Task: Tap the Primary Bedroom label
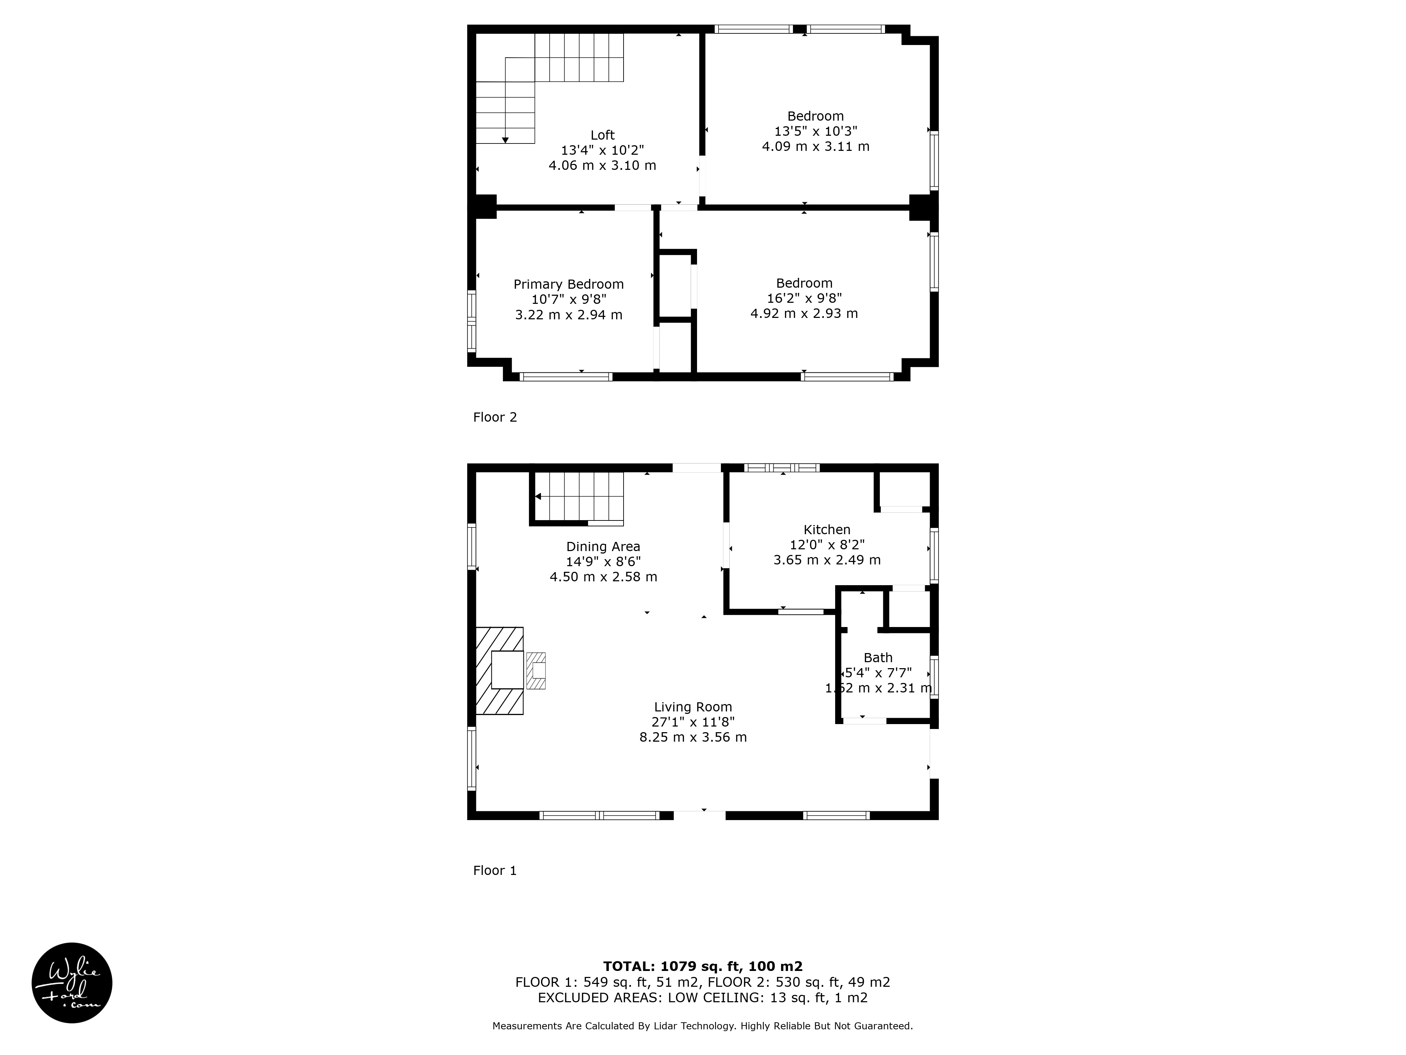coord(568,284)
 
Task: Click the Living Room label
coord(693,706)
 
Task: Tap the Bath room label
coord(878,658)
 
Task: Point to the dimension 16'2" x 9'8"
coord(804,298)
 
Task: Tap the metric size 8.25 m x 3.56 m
coord(693,737)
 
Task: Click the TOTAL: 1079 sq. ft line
coord(702,967)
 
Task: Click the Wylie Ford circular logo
coord(72,983)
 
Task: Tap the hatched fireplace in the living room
coord(499,671)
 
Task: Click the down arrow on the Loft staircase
coord(505,140)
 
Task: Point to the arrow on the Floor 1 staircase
coord(538,496)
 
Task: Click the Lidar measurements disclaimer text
coord(702,1026)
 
